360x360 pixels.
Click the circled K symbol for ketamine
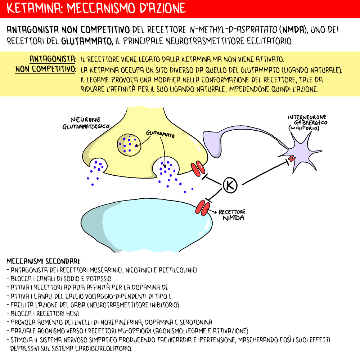click(230, 185)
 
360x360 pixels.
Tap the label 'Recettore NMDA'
click(231, 215)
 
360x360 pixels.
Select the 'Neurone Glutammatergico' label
click(86, 123)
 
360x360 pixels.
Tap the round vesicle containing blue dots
click(129, 144)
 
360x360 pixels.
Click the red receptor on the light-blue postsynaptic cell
click(202, 208)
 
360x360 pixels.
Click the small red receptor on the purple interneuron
click(291, 158)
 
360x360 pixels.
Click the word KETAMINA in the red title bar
click(30, 8)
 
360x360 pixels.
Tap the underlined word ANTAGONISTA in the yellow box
click(53, 58)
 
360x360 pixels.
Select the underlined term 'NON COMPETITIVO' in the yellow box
click(45, 69)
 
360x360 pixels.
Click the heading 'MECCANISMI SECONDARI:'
click(44, 261)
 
